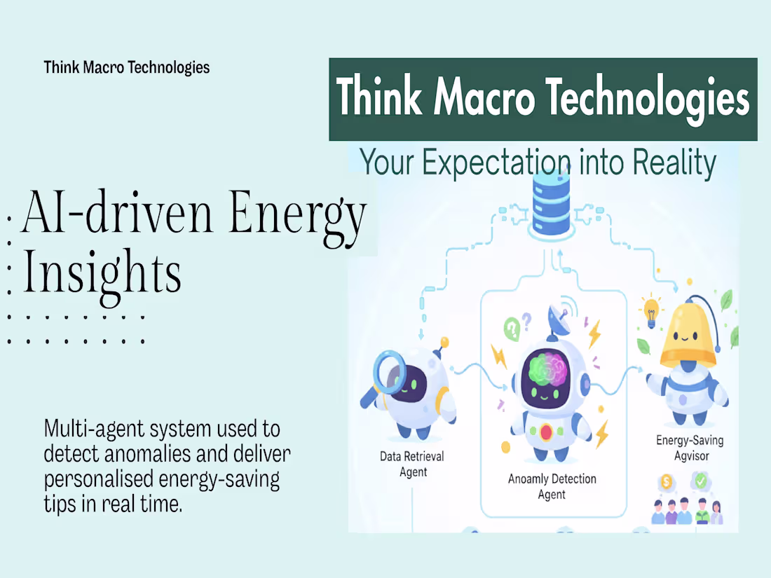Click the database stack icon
[550, 203]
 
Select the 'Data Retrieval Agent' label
[412, 464]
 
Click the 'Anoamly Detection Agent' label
[552, 486]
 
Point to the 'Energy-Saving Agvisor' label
[690, 448]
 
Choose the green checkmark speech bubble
[702, 481]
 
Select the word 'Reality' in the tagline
[674, 163]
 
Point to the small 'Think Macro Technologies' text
[127, 67]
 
